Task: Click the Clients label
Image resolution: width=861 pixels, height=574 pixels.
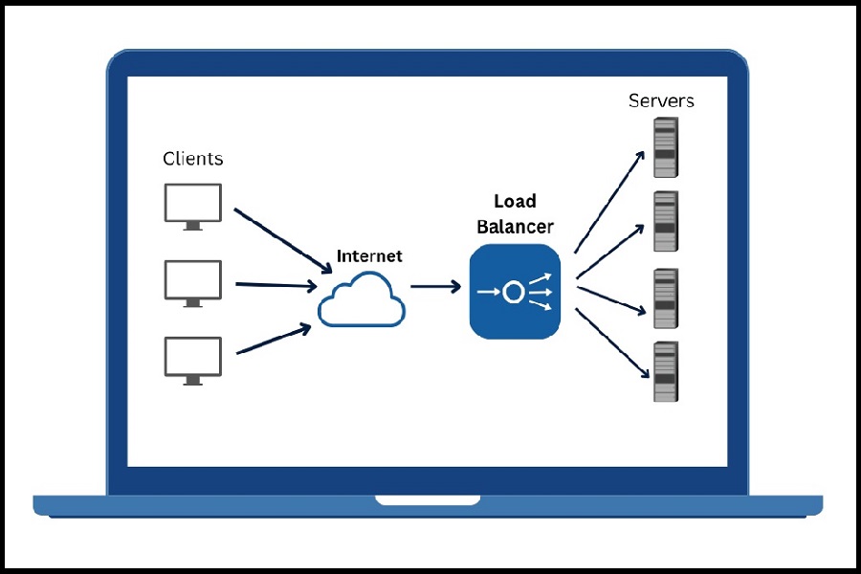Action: pos(192,159)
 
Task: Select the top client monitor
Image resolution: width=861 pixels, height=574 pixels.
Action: pos(192,204)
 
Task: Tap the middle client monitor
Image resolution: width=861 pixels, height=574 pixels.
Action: pos(192,280)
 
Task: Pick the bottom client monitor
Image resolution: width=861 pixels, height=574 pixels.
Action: pos(192,358)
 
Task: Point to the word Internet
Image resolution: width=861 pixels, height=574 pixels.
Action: pos(369,256)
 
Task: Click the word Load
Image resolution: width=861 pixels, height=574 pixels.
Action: pos(515,202)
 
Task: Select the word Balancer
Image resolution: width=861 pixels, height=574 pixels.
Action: pos(515,227)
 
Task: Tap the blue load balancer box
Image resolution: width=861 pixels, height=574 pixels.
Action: pos(515,291)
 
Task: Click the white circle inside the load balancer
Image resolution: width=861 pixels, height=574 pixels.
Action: pos(514,292)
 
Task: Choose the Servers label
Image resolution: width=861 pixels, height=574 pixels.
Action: pos(661,100)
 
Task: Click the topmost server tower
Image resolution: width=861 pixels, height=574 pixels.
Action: pos(665,147)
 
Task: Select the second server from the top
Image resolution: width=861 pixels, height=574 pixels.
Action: pos(665,221)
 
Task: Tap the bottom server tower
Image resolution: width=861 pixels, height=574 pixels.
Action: pos(665,371)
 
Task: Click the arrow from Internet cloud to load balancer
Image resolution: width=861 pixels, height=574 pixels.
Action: pos(435,286)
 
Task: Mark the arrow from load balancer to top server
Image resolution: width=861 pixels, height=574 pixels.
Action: pos(608,201)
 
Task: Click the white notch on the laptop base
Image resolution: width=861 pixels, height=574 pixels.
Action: pos(428,499)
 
